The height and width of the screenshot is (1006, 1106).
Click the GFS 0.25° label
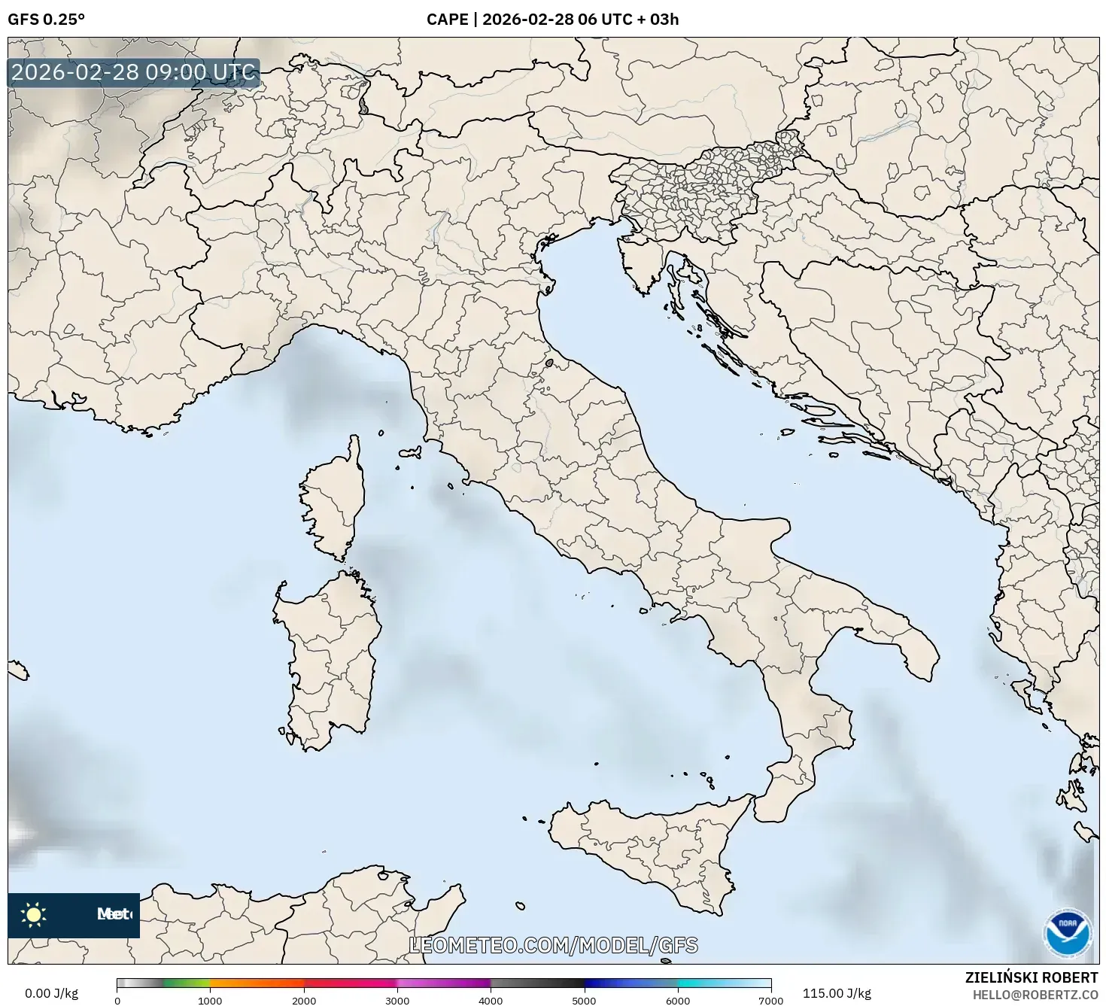[x=46, y=19]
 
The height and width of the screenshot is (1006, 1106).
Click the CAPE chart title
[x=552, y=19]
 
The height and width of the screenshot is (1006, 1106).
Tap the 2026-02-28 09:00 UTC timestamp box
[x=133, y=72]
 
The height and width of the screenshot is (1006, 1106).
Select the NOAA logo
[x=1067, y=932]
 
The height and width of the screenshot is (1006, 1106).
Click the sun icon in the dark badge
[x=33, y=914]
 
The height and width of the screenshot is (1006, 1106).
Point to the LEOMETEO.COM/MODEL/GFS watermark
[x=553, y=945]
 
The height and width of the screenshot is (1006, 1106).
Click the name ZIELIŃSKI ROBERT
[x=1031, y=977]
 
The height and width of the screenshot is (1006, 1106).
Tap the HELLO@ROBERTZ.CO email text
[x=1035, y=994]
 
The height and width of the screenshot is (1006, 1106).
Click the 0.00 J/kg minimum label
[x=51, y=993]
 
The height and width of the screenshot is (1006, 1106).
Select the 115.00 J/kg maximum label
[x=837, y=993]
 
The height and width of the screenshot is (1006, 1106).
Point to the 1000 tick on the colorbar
[x=210, y=1000]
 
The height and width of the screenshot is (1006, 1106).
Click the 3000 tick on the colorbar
[x=397, y=1000]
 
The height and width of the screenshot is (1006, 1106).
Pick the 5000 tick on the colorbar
[x=585, y=1000]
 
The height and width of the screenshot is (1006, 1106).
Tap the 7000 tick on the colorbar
[x=770, y=1000]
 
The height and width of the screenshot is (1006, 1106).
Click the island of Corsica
[x=335, y=500]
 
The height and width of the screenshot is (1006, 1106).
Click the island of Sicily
[x=647, y=846]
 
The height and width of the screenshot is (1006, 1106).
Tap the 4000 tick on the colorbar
[x=491, y=1000]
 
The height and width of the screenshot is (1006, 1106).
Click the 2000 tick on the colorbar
[x=304, y=1000]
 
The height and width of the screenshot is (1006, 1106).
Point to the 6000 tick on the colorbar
[x=678, y=1000]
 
